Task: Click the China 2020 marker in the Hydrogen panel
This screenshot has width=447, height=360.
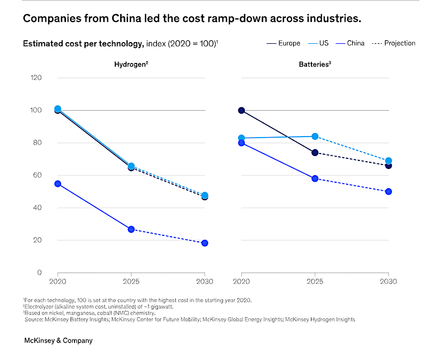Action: [58, 184]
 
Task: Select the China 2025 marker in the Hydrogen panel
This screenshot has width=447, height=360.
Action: [131, 229]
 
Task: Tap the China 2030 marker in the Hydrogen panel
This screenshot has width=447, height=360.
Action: [205, 243]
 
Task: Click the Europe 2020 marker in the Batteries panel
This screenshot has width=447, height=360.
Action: [241, 110]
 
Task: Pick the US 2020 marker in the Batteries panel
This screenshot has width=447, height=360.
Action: [241, 138]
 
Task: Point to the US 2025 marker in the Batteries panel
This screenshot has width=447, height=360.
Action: [315, 137]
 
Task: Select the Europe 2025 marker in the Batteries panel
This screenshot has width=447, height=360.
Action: [315, 152]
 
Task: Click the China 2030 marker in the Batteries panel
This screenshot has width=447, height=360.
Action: [388, 191]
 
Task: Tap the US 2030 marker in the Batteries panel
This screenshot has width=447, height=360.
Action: [388, 161]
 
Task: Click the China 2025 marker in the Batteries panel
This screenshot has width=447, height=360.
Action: [315, 178]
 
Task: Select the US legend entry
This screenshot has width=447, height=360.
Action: [323, 43]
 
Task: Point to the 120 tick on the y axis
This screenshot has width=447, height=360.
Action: [36, 77]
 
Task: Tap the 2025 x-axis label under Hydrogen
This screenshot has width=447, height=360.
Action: [131, 282]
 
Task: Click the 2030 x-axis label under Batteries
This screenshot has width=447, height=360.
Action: [388, 282]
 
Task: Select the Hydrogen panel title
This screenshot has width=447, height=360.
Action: [130, 64]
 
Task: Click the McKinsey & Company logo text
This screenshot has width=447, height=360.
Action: [58, 341]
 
